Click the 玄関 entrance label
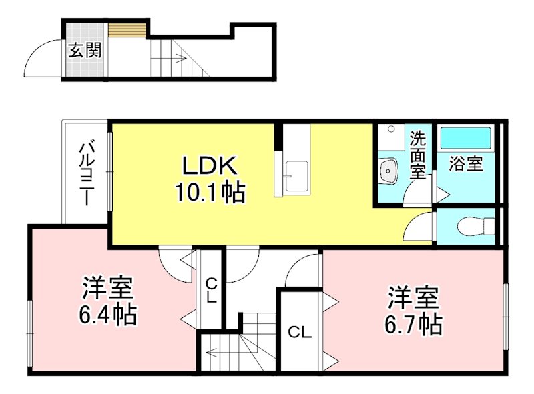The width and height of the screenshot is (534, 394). pyautogui.click(x=85, y=51)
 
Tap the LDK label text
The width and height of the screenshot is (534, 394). pyautogui.click(x=210, y=166)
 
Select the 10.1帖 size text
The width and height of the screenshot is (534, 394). pyautogui.click(x=210, y=192)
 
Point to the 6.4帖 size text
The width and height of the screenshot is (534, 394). pyautogui.click(x=107, y=315)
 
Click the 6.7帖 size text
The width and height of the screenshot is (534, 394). pyautogui.click(x=414, y=325)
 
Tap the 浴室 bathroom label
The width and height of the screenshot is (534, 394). pyautogui.click(x=465, y=163)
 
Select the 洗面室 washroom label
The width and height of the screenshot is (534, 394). pyautogui.click(x=418, y=155)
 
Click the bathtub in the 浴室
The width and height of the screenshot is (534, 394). pyautogui.click(x=465, y=138)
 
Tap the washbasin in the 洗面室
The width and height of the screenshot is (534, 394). pyautogui.click(x=388, y=170)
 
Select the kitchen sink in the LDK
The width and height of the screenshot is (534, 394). pyautogui.click(x=296, y=176)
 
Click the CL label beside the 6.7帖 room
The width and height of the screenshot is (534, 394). pyautogui.click(x=300, y=332)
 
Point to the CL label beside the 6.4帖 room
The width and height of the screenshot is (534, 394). pyautogui.click(x=212, y=291)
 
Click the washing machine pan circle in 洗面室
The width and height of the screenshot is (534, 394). pyautogui.click(x=392, y=129)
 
